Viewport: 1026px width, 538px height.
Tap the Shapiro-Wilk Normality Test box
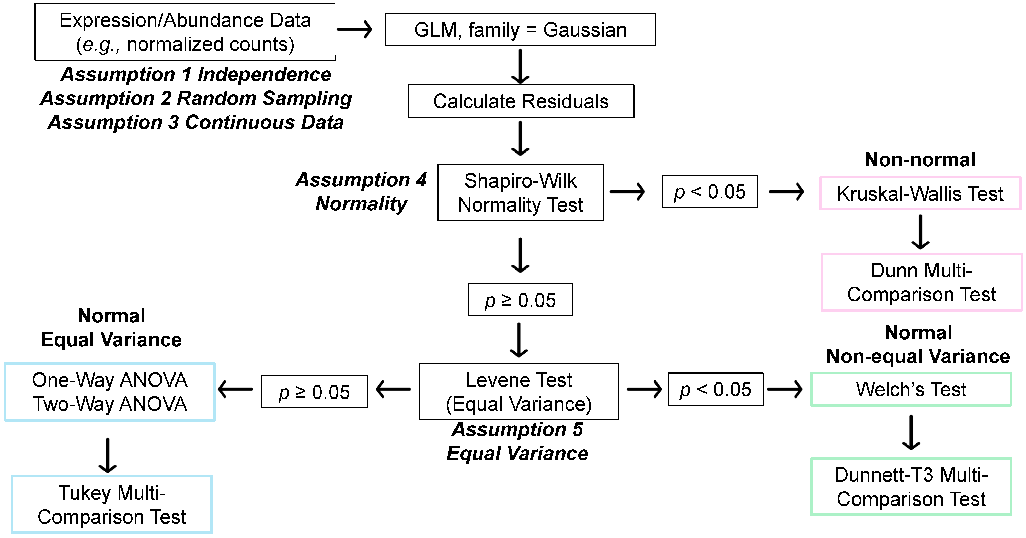520,192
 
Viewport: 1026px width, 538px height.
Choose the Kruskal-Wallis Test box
920,194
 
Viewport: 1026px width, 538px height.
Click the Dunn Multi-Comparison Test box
921,282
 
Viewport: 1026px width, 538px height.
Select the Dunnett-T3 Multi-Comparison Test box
911,487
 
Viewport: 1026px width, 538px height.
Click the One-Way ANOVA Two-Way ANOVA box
110,392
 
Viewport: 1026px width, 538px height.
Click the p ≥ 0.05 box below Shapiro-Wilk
520,300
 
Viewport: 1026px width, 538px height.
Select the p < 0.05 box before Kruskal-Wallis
710,192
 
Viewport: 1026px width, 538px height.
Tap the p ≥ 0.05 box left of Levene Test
314,392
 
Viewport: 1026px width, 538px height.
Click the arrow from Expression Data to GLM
354,29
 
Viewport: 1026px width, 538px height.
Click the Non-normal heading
920,160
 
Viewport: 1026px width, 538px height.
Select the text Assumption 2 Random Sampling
196,98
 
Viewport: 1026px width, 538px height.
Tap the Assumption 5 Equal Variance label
517,441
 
